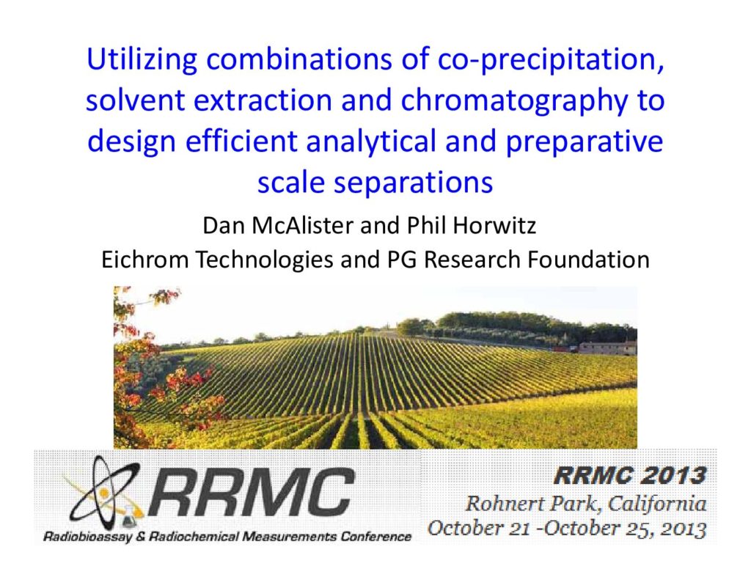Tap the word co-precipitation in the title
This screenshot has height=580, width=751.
(550, 59)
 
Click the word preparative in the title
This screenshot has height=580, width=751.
(585, 142)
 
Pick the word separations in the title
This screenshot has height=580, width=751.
(413, 183)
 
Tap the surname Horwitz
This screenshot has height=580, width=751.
(494, 225)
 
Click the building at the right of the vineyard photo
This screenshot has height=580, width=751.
(607, 348)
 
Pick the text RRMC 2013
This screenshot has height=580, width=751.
(629, 476)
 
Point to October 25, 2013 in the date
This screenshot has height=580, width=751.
(625, 529)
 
